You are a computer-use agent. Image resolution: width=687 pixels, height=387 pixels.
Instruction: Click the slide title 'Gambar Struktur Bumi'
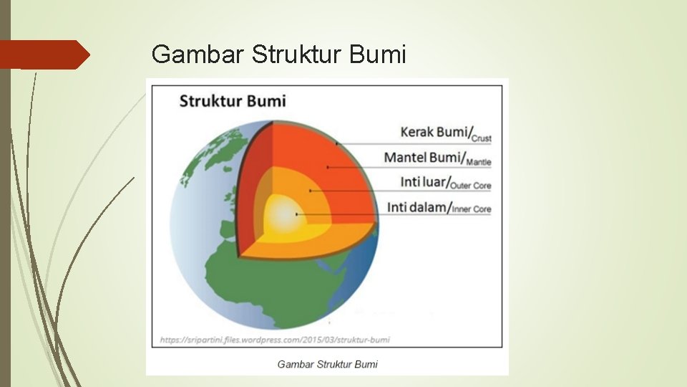[279, 53]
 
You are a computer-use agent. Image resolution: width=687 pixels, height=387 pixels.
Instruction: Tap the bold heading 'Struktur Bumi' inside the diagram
[232, 101]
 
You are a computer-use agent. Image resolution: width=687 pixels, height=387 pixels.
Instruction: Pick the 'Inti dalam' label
[419, 207]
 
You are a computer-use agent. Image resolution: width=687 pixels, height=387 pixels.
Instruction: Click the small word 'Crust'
[482, 138]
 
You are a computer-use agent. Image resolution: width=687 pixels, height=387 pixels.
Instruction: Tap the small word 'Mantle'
[478, 163]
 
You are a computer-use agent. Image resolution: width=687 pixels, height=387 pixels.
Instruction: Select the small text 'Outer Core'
[472, 186]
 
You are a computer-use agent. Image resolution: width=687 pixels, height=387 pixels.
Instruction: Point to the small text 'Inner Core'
[472, 210]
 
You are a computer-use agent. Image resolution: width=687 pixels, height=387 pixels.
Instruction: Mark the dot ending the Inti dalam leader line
[296, 214]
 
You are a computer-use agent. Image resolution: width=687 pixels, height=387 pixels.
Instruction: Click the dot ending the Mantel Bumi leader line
[327, 167]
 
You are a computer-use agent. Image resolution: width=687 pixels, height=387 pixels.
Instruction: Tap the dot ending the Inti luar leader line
[309, 191]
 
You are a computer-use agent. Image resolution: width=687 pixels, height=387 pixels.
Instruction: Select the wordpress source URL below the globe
[275, 339]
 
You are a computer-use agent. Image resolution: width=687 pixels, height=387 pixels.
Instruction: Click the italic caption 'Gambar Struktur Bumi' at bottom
[327, 364]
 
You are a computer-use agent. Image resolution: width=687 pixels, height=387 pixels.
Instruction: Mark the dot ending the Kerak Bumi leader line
[336, 143]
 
